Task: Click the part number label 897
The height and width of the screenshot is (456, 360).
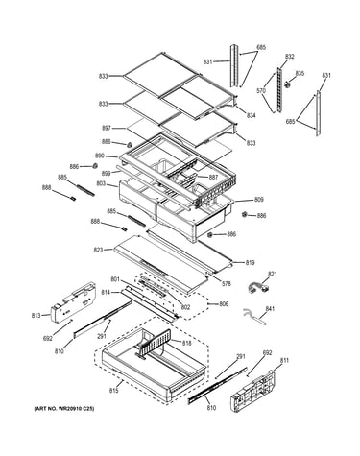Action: click(x=107, y=129)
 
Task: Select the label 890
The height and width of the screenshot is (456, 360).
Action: click(x=100, y=156)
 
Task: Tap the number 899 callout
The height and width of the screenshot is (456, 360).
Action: click(x=106, y=174)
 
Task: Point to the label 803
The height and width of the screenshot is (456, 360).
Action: click(x=102, y=184)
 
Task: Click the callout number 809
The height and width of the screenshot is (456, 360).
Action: click(x=259, y=200)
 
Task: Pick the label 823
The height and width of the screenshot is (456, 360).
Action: click(x=98, y=250)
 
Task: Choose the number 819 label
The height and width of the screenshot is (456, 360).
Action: click(x=250, y=263)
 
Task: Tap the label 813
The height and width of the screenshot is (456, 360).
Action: click(x=36, y=316)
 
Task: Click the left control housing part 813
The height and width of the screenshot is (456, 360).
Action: click(x=73, y=301)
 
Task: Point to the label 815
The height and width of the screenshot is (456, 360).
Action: click(x=114, y=391)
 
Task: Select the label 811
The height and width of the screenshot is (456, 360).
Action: click(x=284, y=361)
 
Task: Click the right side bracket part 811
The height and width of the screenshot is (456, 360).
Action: click(x=253, y=390)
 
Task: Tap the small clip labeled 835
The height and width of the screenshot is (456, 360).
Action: click(x=288, y=84)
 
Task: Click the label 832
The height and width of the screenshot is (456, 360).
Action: click(x=289, y=57)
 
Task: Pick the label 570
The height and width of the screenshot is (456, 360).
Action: click(x=261, y=91)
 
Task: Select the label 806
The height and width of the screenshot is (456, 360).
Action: click(x=224, y=303)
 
